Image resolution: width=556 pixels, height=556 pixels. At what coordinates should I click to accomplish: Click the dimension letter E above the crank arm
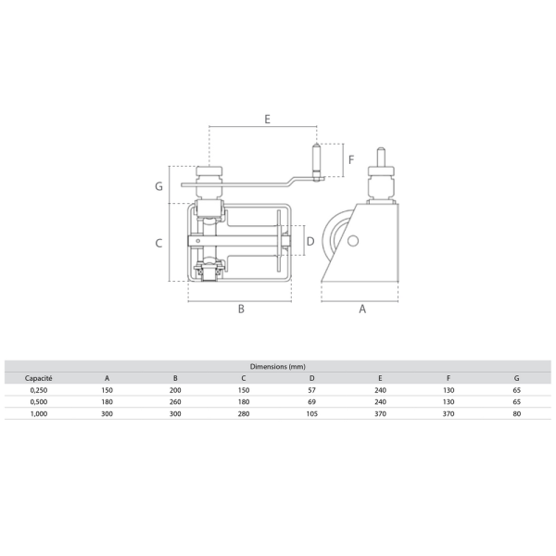click(268, 119)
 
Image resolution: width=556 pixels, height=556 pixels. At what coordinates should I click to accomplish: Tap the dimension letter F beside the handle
click(351, 159)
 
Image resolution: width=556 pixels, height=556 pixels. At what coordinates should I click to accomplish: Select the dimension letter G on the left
click(158, 186)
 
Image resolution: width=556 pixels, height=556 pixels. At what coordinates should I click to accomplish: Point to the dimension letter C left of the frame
click(158, 243)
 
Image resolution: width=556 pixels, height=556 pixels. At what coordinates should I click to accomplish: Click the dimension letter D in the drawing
click(310, 242)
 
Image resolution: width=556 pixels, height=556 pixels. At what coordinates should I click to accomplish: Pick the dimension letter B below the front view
click(241, 309)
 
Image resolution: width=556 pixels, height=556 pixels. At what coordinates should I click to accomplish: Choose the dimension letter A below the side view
click(362, 309)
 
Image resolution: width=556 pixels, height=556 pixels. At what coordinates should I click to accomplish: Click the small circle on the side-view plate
click(352, 241)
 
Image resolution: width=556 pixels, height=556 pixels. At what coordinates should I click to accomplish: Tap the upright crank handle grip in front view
click(316, 162)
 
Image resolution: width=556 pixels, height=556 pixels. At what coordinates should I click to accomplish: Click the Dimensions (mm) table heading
click(278, 367)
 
